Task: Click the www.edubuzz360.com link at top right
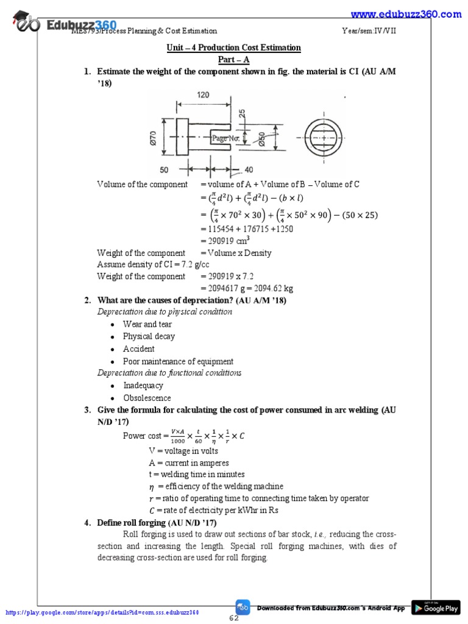click(406, 14)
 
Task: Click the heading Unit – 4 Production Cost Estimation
click(234, 48)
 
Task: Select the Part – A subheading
click(234, 60)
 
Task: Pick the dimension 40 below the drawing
click(248, 170)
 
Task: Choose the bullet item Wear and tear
click(147, 324)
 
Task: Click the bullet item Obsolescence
click(147, 398)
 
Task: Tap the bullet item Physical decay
click(149, 336)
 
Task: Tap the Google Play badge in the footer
click(436, 608)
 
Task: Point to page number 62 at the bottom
click(234, 618)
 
